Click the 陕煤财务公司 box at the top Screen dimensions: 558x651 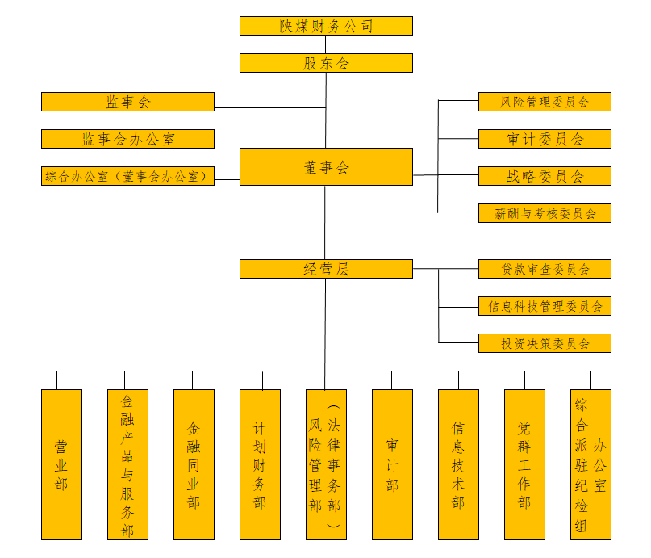point(326,26)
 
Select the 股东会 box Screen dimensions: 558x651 point(326,63)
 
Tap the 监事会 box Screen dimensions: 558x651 point(127,102)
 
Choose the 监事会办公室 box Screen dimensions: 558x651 point(127,139)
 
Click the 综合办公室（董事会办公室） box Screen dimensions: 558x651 point(127,176)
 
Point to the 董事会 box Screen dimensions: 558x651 point(326,167)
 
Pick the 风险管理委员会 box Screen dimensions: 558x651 point(545,102)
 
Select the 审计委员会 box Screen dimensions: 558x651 point(545,139)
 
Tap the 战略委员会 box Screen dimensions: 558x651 point(545,176)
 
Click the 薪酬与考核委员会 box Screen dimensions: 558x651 point(545,213)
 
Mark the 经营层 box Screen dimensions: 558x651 point(326,269)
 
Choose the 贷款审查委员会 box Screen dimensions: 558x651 point(545,269)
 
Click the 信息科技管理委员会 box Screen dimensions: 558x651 point(545,306)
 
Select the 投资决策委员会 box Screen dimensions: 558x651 point(545,343)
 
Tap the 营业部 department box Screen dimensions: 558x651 point(61,464)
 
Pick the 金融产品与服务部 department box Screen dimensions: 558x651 point(127,464)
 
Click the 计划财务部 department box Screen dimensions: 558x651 point(260,464)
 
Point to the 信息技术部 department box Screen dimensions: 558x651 point(458,464)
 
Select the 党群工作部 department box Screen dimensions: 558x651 point(524,464)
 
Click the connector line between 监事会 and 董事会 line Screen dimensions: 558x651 point(270,107)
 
